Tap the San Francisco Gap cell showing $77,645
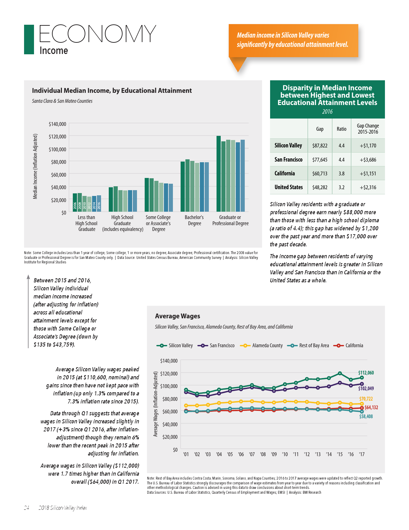[x=320, y=160]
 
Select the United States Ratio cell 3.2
[x=341, y=187]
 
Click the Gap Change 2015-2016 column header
[x=368, y=129]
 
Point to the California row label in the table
[x=285, y=173]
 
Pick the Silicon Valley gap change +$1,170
[x=368, y=146]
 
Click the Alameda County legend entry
[x=261, y=346]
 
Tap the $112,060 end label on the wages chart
[x=366, y=373]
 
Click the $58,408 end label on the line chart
[x=366, y=417]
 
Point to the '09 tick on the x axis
[x=274, y=454]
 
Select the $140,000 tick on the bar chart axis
[x=57, y=124]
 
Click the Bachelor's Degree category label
[x=194, y=220]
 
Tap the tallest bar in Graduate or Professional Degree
[x=218, y=173]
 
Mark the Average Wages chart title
[x=177, y=316]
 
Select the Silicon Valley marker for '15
[x=340, y=373]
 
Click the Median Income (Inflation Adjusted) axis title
[x=35, y=166]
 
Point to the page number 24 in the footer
[x=27, y=508]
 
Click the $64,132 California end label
[x=371, y=408]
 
